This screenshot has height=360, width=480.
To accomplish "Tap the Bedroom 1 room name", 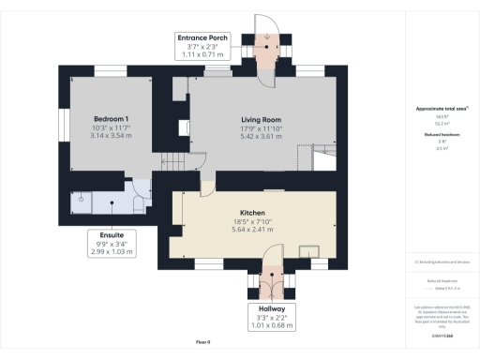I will [x=111, y=119].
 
